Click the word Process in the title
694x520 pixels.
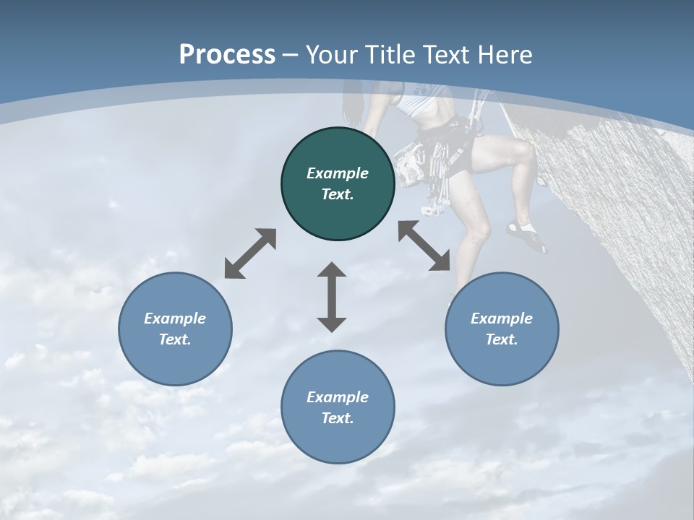point(227,55)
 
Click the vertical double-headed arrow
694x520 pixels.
point(332,297)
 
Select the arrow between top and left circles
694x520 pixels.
point(250,253)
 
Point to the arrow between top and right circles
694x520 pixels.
point(424,246)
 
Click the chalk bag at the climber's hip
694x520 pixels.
point(411,162)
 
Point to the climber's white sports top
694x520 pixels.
point(419,108)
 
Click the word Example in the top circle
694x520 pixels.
point(338,173)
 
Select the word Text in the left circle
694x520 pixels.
point(175,339)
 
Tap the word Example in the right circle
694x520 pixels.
point(502,318)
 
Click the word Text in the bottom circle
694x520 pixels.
point(338,418)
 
